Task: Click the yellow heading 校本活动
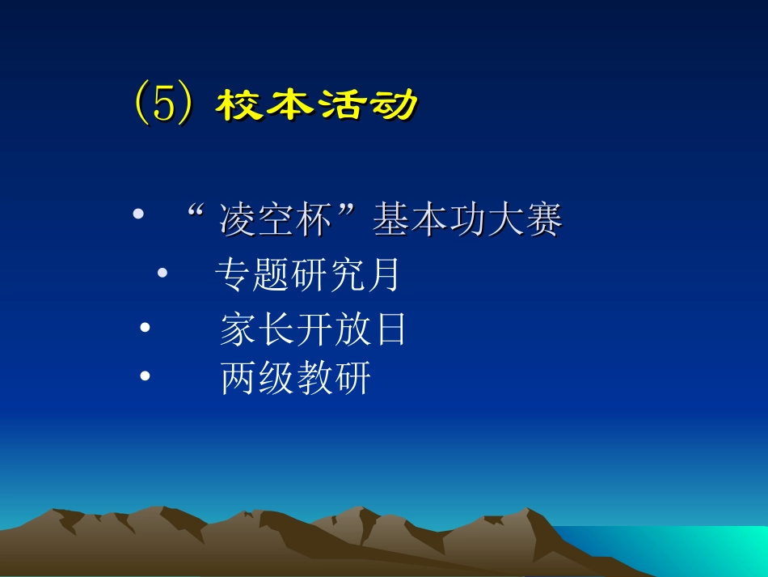(x=318, y=106)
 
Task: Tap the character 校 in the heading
(x=241, y=106)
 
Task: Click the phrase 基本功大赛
(x=467, y=221)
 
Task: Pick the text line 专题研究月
(x=307, y=275)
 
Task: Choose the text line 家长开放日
(x=313, y=330)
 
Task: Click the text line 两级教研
(x=295, y=379)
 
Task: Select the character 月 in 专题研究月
(x=382, y=275)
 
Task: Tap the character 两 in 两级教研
(x=238, y=379)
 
